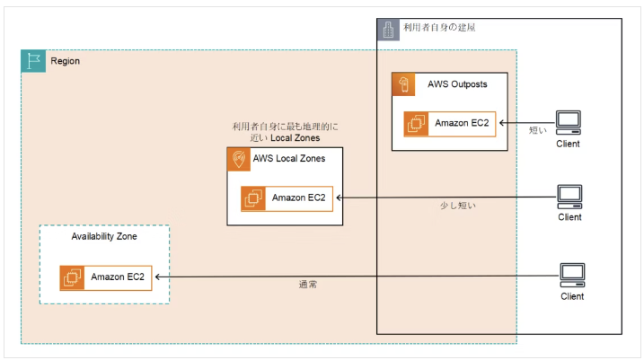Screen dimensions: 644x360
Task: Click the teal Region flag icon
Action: click(33, 61)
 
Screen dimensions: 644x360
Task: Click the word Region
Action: click(65, 61)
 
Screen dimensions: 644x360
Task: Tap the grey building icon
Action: click(388, 30)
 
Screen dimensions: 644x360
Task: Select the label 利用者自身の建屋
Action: click(439, 28)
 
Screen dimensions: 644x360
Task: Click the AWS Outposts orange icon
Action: click(403, 84)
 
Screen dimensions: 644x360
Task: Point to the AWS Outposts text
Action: click(457, 84)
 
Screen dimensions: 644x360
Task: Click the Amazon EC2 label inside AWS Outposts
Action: click(462, 123)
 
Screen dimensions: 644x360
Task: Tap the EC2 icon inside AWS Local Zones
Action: click(253, 198)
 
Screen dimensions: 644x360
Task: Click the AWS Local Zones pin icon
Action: click(239, 159)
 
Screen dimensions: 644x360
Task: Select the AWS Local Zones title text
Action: click(289, 158)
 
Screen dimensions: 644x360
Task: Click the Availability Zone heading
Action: click(104, 236)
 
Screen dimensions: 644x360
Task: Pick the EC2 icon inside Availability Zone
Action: click(72, 278)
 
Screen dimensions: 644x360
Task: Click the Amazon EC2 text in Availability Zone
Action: click(118, 277)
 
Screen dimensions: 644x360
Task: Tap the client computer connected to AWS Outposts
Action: click(569, 123)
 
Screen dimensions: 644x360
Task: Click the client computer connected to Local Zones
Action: click(569, 197)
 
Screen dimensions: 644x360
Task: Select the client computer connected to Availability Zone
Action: click(572, 276)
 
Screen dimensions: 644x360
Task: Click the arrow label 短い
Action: click(538, 130)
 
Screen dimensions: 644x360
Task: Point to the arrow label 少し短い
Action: click(458, 206)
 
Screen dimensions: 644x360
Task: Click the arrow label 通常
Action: click(307, 284)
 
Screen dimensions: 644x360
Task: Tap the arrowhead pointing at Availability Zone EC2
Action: click(157, 277)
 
